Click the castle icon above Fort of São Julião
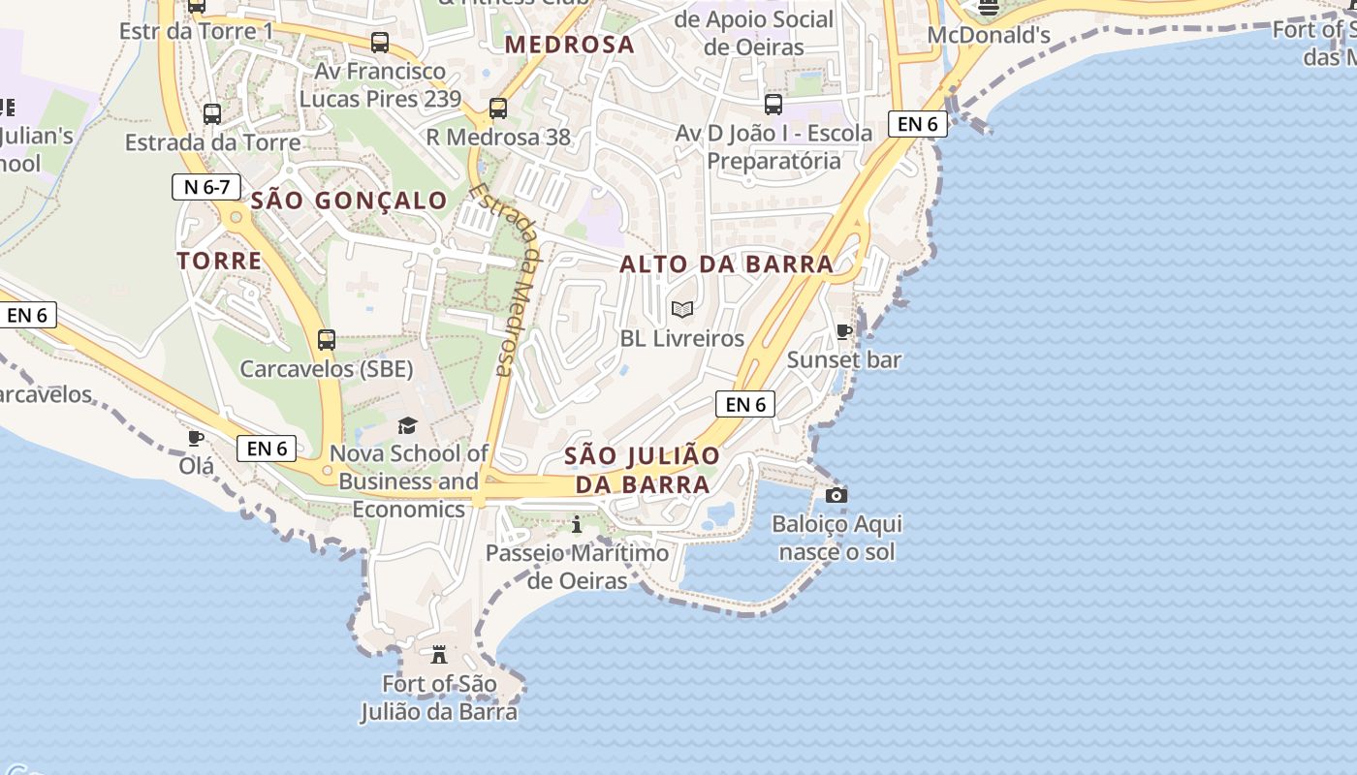point(439,655)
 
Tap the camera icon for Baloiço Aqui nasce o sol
point(836,496)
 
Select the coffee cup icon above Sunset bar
point(844,331)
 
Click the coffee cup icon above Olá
point(196,438)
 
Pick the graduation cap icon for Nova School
point(408,426)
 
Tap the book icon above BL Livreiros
point(682,309)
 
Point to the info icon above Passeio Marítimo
point(578,525)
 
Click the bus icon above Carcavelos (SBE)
point(327,340)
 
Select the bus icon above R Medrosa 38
point(498,108)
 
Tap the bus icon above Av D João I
point(773,105)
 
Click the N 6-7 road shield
point(206,187)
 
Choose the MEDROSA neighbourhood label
point(570,45)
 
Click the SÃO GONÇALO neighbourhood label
point(349,201)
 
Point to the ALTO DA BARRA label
point(727,263)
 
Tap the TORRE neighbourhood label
point(220,261)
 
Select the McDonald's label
point(989,36)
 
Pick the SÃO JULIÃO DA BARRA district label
point(643,470)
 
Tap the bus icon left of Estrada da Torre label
point(212,114)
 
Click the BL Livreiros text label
point(682,339)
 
